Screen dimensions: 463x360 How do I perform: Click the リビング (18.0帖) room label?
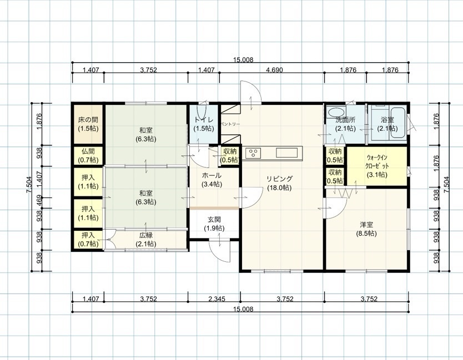pos(279,183)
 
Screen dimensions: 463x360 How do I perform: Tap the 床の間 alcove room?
pos(88,124)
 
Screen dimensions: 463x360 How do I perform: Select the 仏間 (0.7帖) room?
pos(88,156)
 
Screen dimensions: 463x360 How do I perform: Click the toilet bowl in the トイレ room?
pos(202,113)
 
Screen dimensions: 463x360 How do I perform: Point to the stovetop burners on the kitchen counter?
pos(253,153)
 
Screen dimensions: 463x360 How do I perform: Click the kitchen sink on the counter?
pos(286,153)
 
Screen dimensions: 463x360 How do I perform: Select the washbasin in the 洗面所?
pos(336,112)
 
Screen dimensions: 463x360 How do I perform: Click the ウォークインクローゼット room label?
pos(377,166)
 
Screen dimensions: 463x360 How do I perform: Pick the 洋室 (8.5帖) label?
pos(366,229)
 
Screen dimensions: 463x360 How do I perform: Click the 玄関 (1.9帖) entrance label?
pos(214,224)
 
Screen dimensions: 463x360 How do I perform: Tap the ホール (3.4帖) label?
pos(212,180)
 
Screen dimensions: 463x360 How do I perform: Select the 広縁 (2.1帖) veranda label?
pos(146,240)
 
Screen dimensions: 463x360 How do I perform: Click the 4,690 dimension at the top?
pos(274,70)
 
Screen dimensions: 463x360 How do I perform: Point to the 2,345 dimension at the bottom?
pos(217,299)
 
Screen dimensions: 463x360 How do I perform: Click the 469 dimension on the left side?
pos(39,200)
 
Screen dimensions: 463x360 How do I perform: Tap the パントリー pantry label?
pos(230,124)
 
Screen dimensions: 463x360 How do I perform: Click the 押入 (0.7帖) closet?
pos(88,240)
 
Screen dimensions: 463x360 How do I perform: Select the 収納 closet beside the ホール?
pos(230,155)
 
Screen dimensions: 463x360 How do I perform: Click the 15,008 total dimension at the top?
pos(243,60)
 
